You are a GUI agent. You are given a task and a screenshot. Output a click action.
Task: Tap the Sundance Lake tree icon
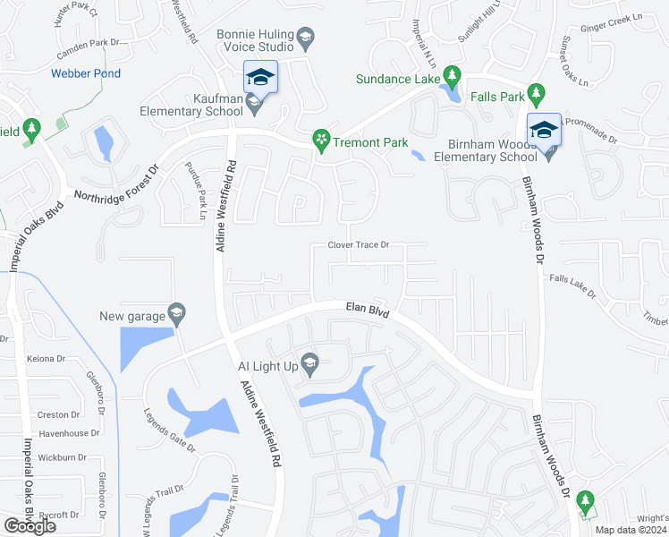click(x=453, y=75)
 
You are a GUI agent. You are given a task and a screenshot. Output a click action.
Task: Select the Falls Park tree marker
click(x=536, y=92)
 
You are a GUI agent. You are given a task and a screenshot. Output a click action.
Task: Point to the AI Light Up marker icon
click(x=309, y=362)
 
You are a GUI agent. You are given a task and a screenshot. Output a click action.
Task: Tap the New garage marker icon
click(x=176, y=312)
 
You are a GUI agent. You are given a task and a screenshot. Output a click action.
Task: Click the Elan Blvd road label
click(x=368, y=310)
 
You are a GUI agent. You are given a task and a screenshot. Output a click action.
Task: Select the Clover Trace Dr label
click(x=359, y=245)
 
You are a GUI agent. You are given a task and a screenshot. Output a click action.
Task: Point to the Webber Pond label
click(x=86, y=73)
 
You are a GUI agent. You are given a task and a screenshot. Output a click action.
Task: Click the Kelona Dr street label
click(x=48, y=359)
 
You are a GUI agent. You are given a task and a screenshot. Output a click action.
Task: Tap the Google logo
click(x=30, y=525)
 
